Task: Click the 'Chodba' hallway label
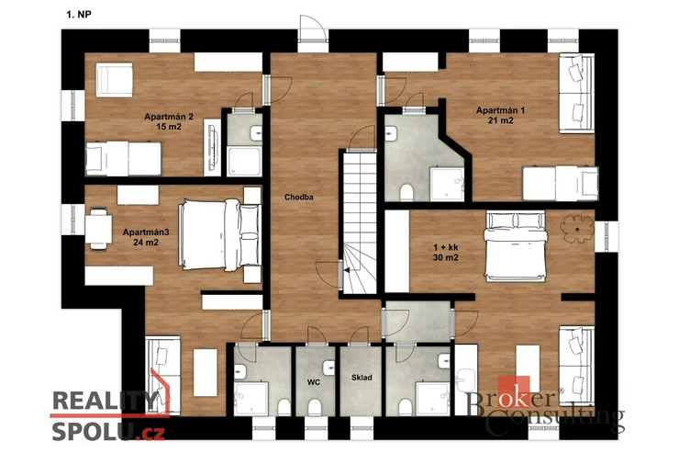299,198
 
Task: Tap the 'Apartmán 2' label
169,117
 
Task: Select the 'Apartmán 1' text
501,110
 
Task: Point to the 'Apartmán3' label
146,232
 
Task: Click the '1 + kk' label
446,247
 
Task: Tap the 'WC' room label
314,382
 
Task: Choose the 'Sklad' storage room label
362,378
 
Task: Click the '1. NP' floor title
79,15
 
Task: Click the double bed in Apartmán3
220,234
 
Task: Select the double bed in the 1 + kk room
516,245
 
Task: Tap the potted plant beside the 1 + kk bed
577,229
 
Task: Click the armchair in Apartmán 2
115,80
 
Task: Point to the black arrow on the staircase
347,270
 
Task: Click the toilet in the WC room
315,407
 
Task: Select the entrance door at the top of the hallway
313,28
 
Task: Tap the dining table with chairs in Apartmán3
98,230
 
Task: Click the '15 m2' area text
169,127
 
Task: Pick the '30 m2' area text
446,258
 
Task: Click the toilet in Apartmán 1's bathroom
406,193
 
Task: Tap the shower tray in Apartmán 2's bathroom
245,161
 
